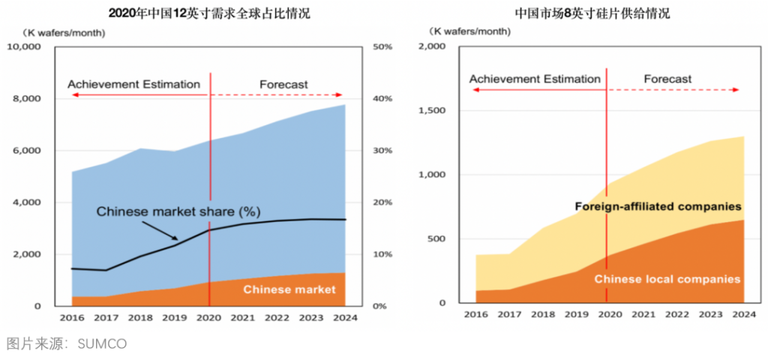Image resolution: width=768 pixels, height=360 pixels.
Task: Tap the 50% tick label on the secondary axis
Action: click(x=382, y=47)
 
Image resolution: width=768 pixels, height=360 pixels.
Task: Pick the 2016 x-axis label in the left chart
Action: click(x=72, y=318)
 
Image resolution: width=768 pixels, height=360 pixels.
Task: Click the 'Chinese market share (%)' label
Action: click(x=178, y=211)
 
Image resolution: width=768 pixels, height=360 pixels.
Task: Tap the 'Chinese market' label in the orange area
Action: click(x=289, y=289)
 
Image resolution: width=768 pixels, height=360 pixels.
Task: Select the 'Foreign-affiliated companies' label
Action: click(x=658, y=205)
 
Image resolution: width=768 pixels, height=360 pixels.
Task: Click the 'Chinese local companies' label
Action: click(x=667, y=279)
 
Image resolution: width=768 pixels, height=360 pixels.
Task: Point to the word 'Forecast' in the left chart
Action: click(x=283, y=85)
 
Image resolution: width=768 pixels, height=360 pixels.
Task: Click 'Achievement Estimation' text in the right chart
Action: click(x=535, y=79)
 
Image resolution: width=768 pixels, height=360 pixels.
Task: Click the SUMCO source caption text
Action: click(x=66, y=344)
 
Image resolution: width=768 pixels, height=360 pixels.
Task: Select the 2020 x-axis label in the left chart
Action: click(x=208, y=318)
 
